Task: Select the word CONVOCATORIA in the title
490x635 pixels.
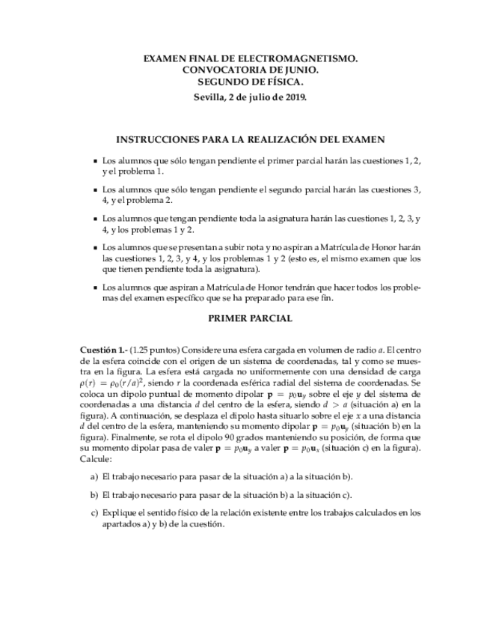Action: tap(219, 70)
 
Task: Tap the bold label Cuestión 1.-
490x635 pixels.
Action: tap(102, 350)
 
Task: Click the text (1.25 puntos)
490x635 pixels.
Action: tap(154, 350)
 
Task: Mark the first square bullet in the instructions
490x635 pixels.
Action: tap(94, 161)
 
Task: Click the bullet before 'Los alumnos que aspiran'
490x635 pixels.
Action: tap(94, 288)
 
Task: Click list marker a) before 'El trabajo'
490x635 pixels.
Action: tap(94, 476)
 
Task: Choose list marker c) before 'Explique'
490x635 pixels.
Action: tap(94, 513)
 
